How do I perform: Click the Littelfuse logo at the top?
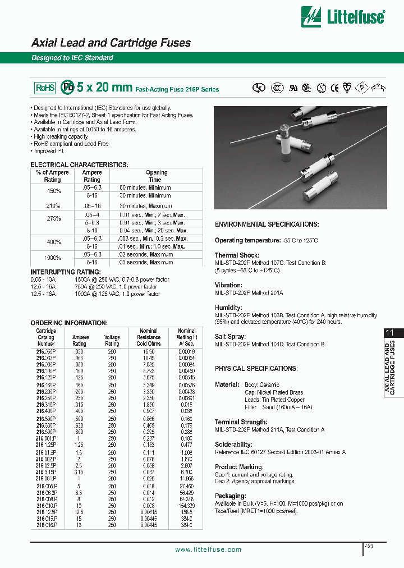click(x=343, y=17)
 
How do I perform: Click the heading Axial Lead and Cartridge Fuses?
click(x=111, y=43)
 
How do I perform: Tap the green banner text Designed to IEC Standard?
click(x=72, y=58)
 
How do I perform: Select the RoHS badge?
click(x=45, y=88)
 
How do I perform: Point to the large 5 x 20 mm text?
click(x=104, y=88)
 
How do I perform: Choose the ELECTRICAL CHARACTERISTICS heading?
click(x=79, y=165)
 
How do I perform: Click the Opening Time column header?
click(x=157, y=176)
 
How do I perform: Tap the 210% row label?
click(x=52, y=206)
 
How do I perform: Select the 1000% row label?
click(x=52, y=258)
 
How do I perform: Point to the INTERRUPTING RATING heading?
click(x=62, y=273)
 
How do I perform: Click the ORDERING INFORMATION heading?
click(x=68, y=323)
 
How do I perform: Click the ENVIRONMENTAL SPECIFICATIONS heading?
click(x=267, y=225)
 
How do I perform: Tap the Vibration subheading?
click(x=228, y=285)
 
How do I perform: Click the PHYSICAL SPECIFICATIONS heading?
click(x=256, y=369)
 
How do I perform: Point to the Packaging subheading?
click(x=231, y=496)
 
